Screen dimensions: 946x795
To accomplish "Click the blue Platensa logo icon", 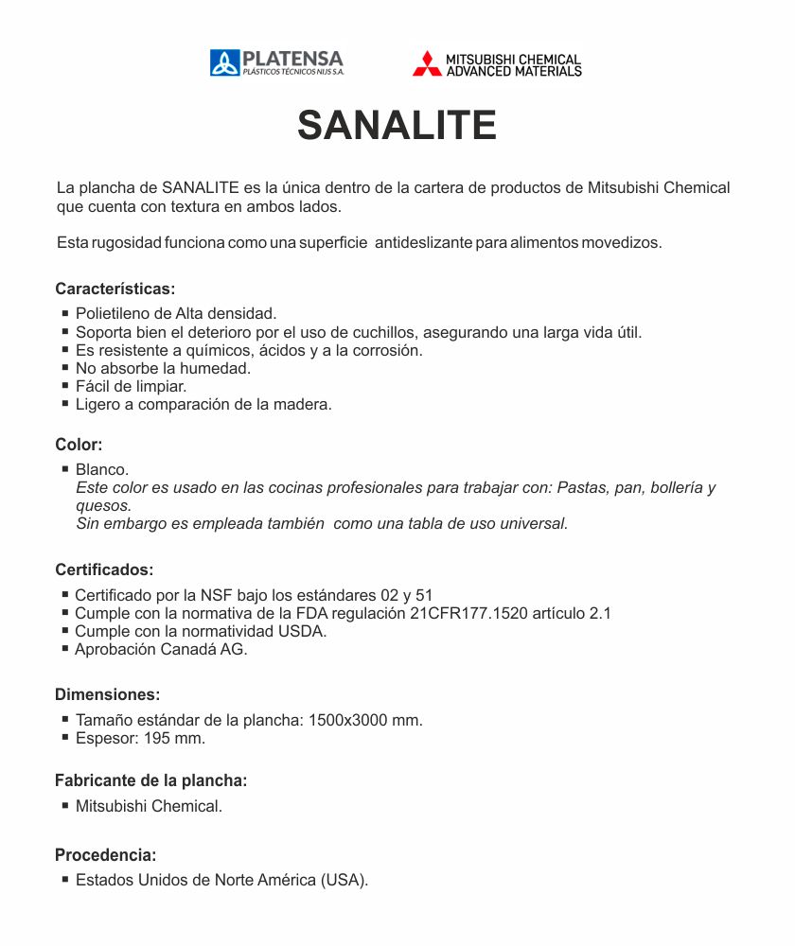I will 224,63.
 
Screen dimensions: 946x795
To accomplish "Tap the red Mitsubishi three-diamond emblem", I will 427,63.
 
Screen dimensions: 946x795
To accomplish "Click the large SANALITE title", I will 397,125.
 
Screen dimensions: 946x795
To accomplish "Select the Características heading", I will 115,289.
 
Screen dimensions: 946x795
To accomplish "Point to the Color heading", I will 79,445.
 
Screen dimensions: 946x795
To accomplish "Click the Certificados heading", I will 104,570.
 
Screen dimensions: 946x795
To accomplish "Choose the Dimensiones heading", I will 107,694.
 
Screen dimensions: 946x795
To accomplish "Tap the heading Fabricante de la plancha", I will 150,780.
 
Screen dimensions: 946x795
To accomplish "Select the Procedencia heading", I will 105,855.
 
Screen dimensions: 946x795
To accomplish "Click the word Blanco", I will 101,469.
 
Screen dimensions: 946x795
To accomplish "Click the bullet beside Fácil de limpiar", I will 65,386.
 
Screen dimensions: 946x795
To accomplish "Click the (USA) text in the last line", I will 344,880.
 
